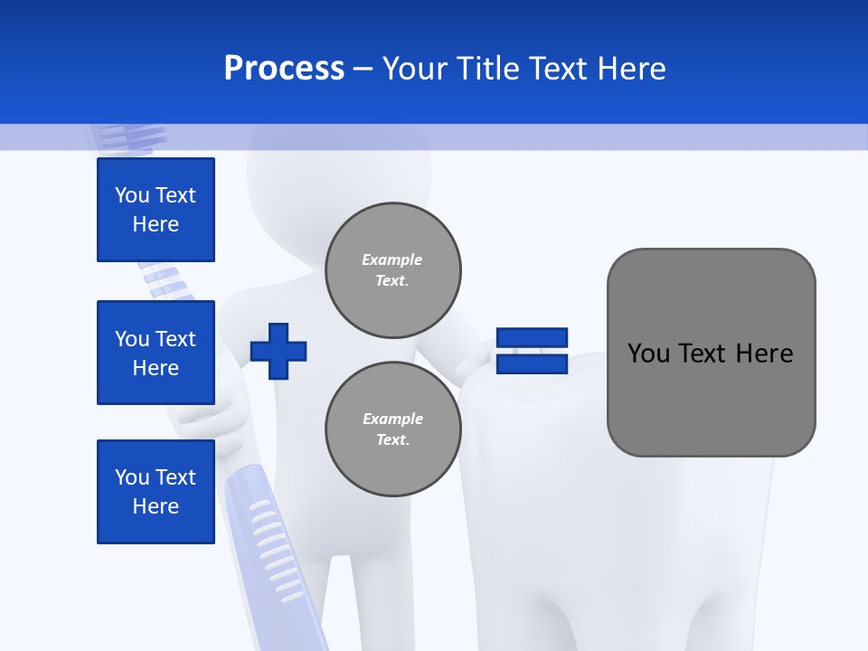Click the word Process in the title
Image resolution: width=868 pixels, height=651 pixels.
click(x=284, y=69)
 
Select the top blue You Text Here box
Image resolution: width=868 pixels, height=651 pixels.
click(x=156, y=210)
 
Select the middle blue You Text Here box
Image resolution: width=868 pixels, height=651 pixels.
click(x=156, y=353)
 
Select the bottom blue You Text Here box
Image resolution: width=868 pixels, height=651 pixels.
click(x=156, y=492)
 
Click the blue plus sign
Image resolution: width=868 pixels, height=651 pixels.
click(x=278, y=351)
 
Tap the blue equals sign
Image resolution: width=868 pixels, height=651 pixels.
click(x=532, y=351)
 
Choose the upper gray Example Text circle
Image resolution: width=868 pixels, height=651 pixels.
click(x=392, y=270)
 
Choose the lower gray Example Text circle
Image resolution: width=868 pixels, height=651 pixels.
click(x=392, y=429)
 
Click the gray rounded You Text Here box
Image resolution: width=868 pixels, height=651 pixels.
click(x=711, y=353)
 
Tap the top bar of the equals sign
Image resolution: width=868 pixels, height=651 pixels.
click(x=532, y=338)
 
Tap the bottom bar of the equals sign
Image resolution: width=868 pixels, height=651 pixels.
click(x=532, y=363)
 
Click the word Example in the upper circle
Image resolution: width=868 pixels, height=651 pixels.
click(x=392, y=260)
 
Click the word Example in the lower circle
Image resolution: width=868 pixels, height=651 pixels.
click(x=392, y=420)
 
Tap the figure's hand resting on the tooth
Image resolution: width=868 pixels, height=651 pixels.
click(x=476, y=358)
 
